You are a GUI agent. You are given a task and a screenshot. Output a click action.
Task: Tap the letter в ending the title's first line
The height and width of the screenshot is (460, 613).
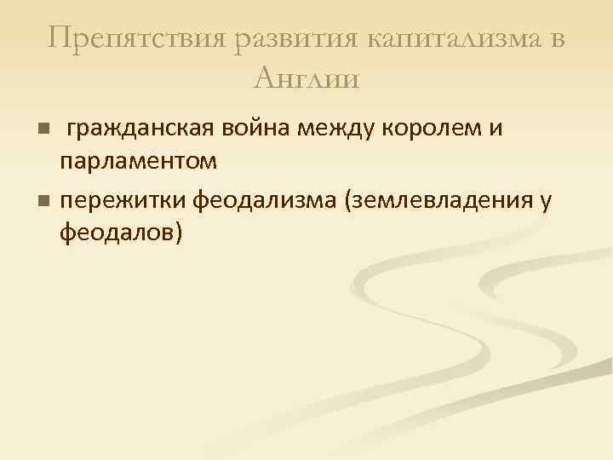[557, 39]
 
